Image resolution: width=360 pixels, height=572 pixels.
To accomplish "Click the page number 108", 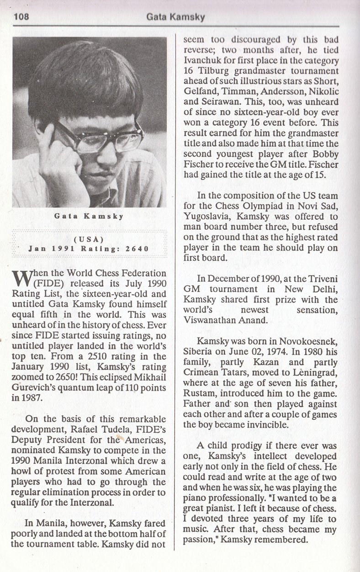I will click(21, 17).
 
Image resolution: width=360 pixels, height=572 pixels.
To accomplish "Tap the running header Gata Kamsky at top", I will click(175, 17).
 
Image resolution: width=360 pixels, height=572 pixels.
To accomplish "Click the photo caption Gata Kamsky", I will click(89, 216).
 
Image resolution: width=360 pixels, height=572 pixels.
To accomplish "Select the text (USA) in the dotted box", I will click(89, 239).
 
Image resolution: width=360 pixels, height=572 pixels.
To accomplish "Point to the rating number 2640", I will click(137, 249).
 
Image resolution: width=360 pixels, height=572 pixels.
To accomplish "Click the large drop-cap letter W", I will click(22, 278).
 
